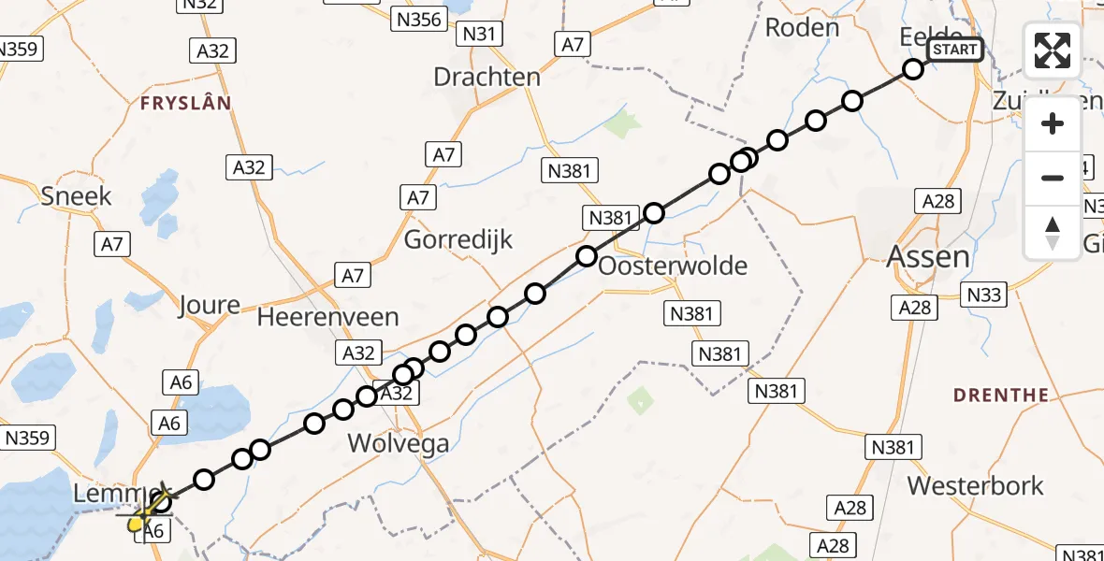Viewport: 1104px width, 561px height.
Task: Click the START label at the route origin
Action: (x=954, y=50)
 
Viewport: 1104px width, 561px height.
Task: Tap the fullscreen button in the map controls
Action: (x=1053, y=50)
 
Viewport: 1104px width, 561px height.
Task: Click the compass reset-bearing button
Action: (x=1053, y=233)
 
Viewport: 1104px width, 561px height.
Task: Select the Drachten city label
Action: (x=487, y=77)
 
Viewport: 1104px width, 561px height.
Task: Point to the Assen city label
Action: (x=927, y=255)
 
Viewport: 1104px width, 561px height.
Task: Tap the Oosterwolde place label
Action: (x=673, y=266)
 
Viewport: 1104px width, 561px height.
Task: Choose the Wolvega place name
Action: (x=398, y=442)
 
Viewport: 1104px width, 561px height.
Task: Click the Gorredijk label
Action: (x=458, y=239)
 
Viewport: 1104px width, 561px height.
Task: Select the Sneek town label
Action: (x=76, y=195)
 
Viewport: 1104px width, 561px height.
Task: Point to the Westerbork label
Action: (x=975, y=486)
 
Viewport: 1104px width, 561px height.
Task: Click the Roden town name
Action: (x=802, y=27)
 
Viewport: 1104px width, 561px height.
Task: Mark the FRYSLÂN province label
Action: (x=185, y=103)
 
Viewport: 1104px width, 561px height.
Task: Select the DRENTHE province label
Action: (x=1001, y=396)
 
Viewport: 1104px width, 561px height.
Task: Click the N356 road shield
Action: (x=418, y=19)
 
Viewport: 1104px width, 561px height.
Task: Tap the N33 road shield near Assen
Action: (x=984, y=295)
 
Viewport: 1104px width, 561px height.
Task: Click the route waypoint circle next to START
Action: (x=913, y=68)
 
